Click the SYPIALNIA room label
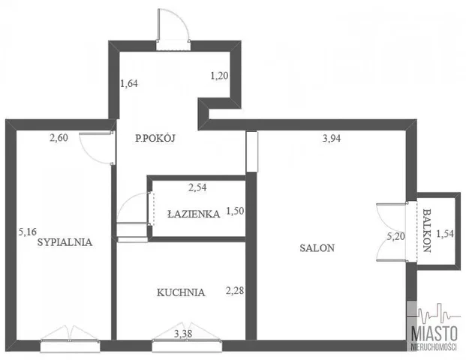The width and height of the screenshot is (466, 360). pos(65,242)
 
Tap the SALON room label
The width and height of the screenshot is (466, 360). pos(317,247)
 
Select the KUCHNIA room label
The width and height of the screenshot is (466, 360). pos(181,292)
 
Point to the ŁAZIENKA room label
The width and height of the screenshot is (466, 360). pos(194,214)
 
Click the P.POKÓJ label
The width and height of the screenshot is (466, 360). pos(155,138)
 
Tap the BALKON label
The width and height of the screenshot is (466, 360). pos(427,230)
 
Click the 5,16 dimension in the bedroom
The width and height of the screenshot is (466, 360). pos(27,232)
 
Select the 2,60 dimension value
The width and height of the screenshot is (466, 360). pos(59,138)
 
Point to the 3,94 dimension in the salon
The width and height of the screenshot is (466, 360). pos(332,139)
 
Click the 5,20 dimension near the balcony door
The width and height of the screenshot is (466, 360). pos(395,236)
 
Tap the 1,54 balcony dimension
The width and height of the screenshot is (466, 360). pos(445,234)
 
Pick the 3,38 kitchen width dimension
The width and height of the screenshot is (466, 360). pos(183,334)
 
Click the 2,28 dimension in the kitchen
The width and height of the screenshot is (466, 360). pos(235,290)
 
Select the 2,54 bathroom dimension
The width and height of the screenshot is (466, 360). pos(197,187)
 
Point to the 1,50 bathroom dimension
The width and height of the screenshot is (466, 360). pos(235,211)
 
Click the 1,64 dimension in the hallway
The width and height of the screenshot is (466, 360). pos(129,83)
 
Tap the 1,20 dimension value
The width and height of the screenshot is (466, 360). pos(219,76)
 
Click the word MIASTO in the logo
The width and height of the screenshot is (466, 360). pos(434,334)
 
